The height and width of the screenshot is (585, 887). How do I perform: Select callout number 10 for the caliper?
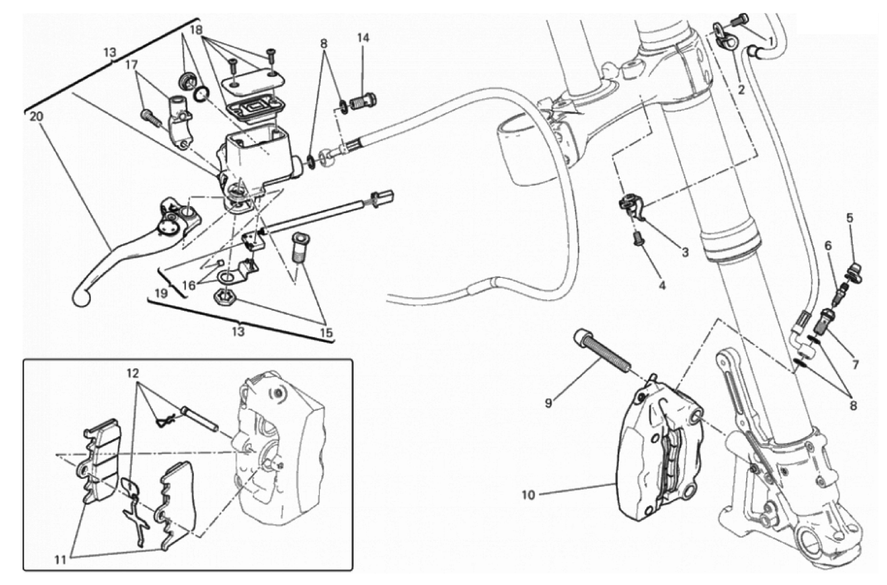528,495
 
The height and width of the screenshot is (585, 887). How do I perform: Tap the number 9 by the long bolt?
548,403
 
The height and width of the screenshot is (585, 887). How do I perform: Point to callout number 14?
363,38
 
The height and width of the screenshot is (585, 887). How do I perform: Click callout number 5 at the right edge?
850,218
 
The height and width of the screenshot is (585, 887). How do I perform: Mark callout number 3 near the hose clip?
685,252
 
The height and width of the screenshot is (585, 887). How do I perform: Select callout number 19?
161,292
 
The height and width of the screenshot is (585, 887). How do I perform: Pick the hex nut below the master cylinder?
222,298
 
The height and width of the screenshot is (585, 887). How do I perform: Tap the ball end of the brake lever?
80,298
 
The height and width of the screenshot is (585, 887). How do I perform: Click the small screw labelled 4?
637,239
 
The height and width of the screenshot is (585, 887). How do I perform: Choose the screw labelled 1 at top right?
741,19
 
